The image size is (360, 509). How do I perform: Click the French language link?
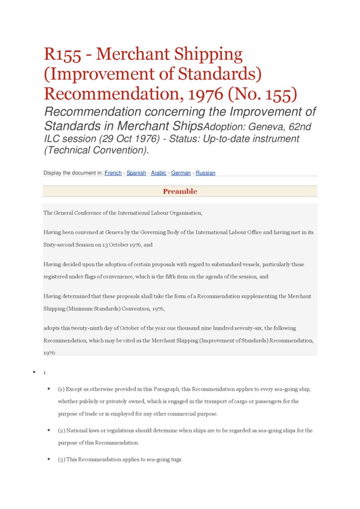point(113,173)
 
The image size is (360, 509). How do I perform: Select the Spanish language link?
point(136,173)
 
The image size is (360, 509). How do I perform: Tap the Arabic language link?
point(159,173)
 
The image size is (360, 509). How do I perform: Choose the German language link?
point(181,173)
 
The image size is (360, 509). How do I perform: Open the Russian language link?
point(205,173)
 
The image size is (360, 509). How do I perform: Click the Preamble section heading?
point(180,191)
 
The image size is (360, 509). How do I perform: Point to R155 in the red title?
point(62,54)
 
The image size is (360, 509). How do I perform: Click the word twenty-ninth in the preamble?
point(91,328)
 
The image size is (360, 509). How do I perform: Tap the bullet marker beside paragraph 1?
point(34,372)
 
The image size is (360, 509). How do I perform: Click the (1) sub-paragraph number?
point(61,389)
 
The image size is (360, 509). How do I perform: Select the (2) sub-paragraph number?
point(61,430)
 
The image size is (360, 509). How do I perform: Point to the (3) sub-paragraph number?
point(61,460)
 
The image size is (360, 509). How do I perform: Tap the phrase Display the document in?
point(73,173)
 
